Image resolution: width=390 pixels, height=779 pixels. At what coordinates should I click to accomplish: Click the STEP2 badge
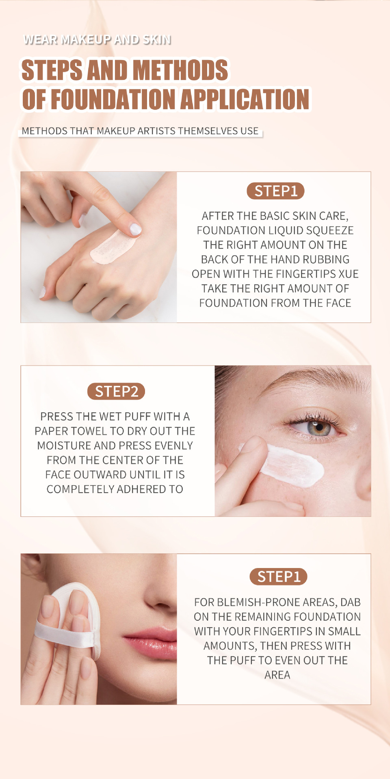[116, 392]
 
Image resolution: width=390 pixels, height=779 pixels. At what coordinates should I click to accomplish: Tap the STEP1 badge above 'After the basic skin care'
[275, 191]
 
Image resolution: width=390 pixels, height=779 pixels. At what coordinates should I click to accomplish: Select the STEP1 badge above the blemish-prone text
[278, 577]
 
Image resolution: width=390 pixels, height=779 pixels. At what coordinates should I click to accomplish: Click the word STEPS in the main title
[52, 70]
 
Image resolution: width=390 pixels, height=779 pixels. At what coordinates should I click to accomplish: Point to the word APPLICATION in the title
[245, 99]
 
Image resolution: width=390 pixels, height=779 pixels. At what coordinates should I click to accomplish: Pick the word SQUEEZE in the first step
[329, 230]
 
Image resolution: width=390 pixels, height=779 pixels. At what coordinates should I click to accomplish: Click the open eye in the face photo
[317, 427]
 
